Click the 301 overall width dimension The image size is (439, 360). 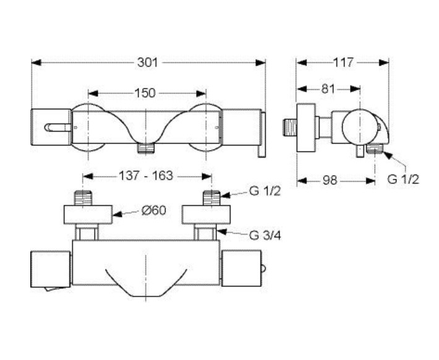pos(148,62)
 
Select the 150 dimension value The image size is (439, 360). pos(145,93)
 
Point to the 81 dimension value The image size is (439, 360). pos(328,89)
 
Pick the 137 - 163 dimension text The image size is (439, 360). pos(146,176)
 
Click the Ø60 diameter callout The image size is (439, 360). pos(153,210)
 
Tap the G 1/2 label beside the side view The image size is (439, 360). pos(403,179)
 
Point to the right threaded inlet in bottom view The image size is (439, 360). pos(210,198)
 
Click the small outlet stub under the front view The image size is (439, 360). pos(145,148)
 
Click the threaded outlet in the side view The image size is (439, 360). pos(374,149)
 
